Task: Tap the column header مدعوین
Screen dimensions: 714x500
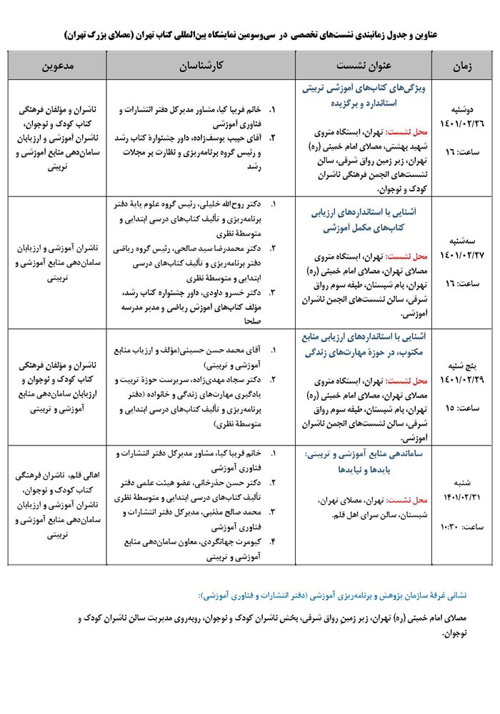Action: coord(56,66)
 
